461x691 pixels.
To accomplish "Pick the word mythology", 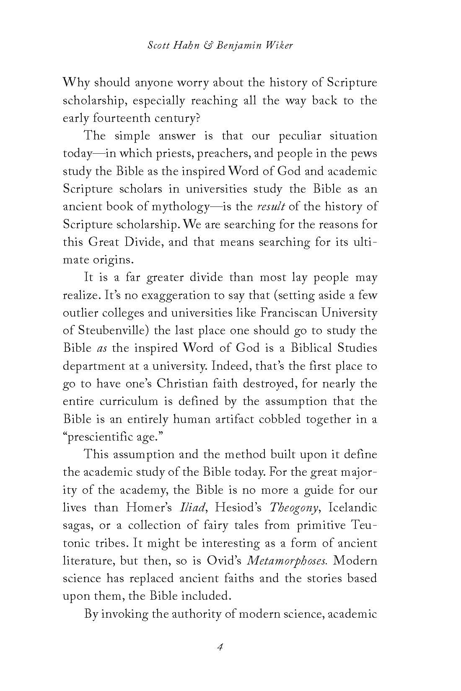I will [x=179, y=207].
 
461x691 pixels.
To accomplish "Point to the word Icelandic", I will [x=352, y=508].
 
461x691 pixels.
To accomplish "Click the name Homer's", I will [x=150, y=508].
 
